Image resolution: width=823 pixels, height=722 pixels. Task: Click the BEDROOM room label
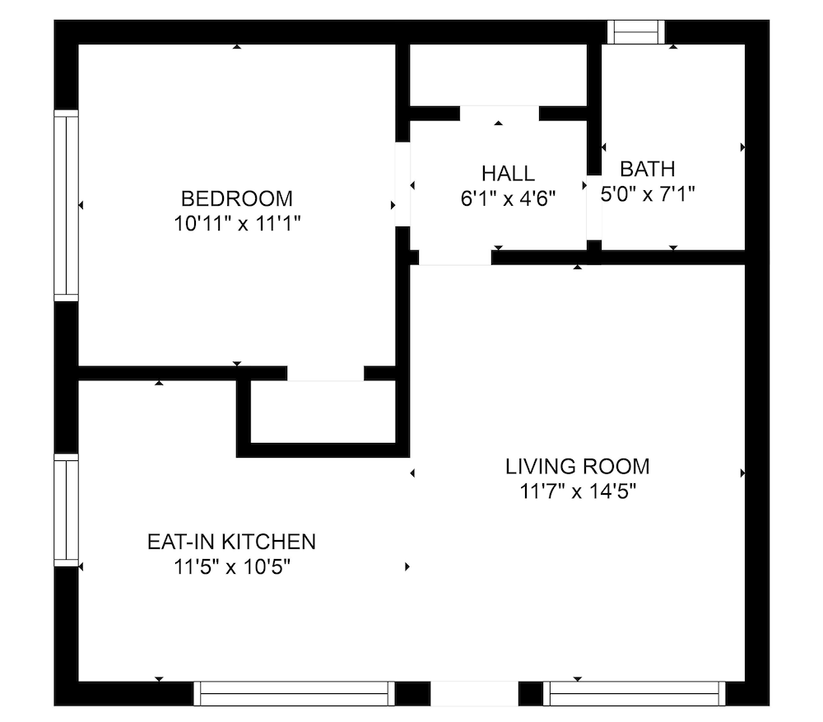(237, 199)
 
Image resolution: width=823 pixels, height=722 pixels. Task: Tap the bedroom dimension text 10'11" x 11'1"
(237, 224)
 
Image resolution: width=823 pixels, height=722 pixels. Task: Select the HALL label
(508, 174)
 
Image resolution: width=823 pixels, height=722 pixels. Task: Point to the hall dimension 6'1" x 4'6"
(508, 198)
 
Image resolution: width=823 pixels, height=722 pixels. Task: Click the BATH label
(647, 169)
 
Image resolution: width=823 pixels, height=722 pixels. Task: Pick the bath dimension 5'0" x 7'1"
(648, 194)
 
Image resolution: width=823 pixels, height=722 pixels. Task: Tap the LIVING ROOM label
(578, 466)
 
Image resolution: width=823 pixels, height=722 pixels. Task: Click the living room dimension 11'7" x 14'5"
(578, 491)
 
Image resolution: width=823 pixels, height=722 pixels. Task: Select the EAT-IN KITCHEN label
(231, 542)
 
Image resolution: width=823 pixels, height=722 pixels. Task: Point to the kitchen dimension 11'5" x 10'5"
(231, 567)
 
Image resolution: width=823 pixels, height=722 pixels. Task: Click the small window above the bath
(636, 32)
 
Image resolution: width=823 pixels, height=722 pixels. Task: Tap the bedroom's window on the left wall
(66, 206)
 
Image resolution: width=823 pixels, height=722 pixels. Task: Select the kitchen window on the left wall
(66, 510)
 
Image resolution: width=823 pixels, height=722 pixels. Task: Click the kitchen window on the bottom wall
(294, 694)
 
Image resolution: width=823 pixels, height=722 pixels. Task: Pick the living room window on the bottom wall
(634, 694)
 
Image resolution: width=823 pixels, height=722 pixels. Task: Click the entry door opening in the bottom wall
(475, 694)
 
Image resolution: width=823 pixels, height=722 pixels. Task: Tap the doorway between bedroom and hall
(402, 184)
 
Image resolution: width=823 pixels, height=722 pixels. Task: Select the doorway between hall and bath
(594, 207)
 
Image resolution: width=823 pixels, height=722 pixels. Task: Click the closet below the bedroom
(323, 412)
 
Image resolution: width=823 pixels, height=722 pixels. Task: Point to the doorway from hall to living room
(455, 258)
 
